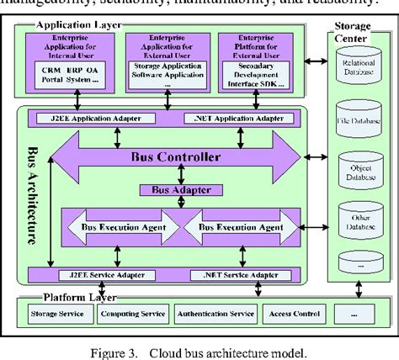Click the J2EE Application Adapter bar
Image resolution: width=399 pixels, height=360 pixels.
click(x=94, y=118)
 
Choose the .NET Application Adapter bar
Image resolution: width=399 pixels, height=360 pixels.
click(x=239, y=118)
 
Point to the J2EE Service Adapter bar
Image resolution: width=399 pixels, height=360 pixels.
click(x=97, y=273)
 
